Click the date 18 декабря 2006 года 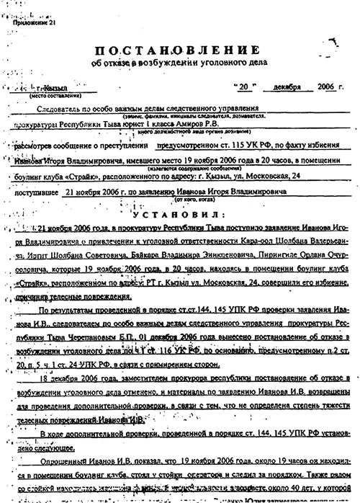79,357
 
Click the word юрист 120,123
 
